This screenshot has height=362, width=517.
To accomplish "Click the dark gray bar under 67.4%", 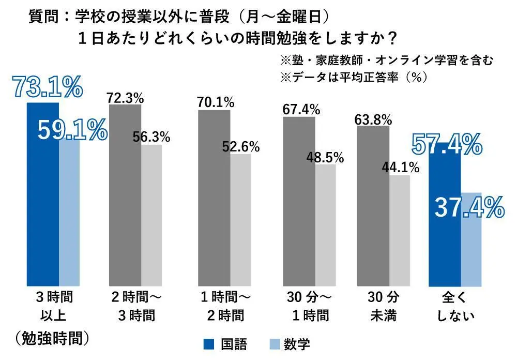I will tap(299, 201).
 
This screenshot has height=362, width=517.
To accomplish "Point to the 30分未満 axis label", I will tap(383, 306).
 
